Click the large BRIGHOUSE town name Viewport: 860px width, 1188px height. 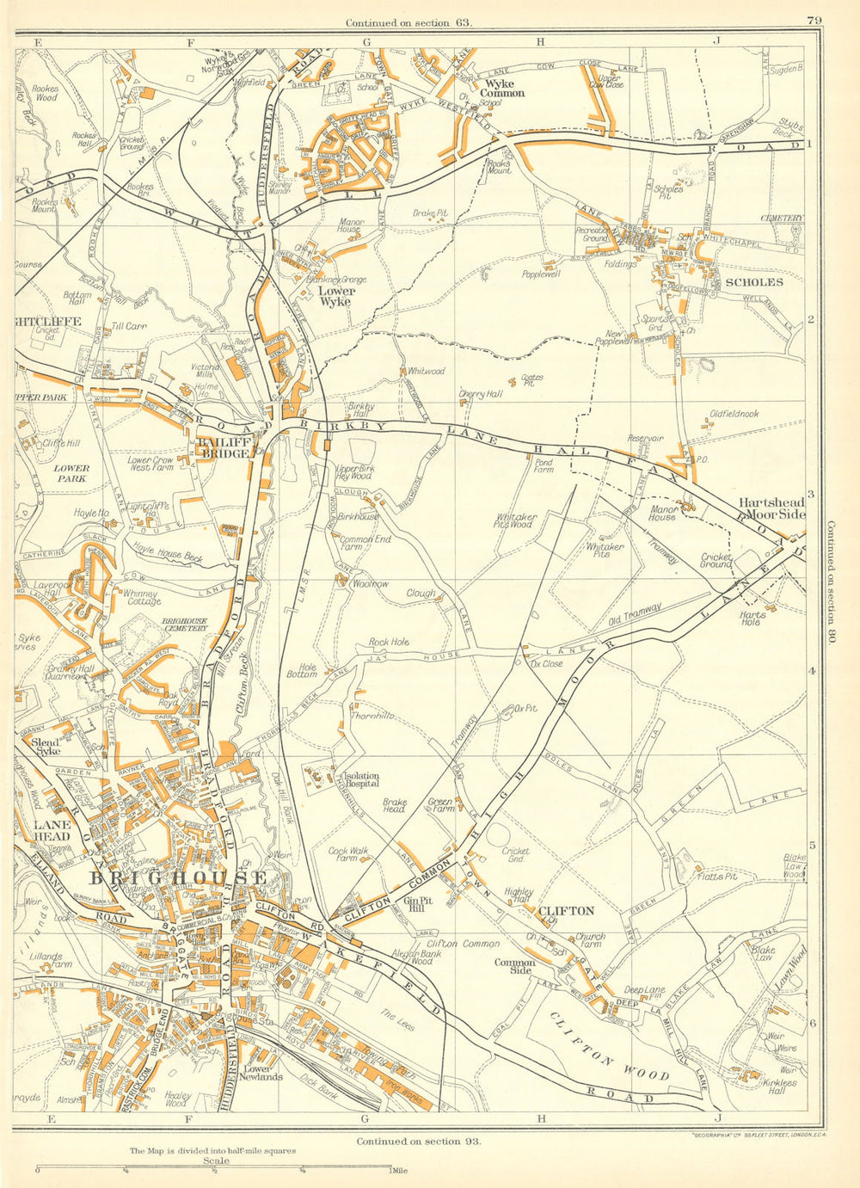(178, 877)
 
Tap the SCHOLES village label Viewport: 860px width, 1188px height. (754, 281)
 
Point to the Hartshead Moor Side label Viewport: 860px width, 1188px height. (771, 508)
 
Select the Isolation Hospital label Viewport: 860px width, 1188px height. (362, 779)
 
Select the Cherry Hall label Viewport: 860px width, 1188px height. (480, 394)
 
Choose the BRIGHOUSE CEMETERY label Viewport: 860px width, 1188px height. (185, 624)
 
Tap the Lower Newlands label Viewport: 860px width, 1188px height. (263, 1072)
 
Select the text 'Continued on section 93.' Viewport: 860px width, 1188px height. (417, 1141)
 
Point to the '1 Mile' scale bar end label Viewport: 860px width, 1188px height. (397, 1170)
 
